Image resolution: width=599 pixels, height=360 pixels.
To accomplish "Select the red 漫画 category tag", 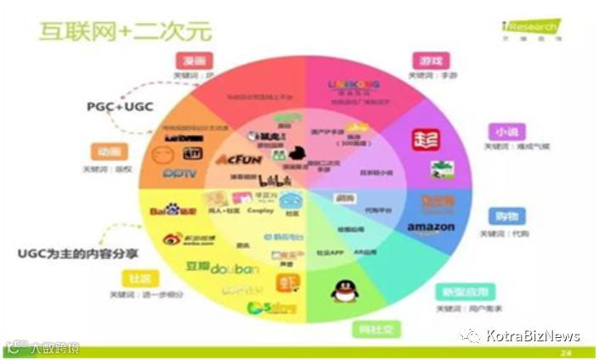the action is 195,60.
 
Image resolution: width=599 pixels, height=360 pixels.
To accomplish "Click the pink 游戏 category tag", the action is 430,61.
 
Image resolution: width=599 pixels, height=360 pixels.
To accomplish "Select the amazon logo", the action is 431,228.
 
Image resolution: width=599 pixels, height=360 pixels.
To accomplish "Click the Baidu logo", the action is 173,209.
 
